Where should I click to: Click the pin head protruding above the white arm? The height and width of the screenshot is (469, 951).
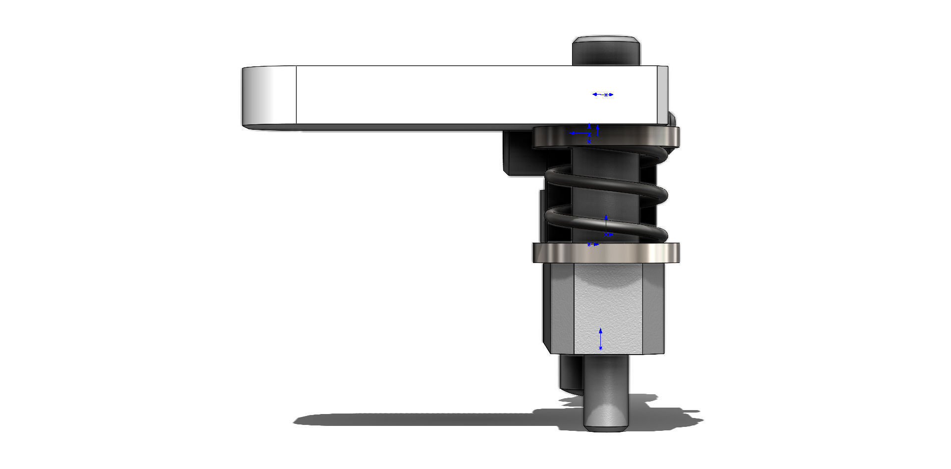click(x=606, y=51)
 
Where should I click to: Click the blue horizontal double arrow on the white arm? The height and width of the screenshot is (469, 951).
click(x=603, y=95)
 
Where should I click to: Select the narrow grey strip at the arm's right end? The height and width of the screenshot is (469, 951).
click(x=662, y=94)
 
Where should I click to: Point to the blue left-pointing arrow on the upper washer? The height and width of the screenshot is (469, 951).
click(x=578, y=133)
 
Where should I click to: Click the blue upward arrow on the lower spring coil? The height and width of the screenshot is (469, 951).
click(x=606, y=224)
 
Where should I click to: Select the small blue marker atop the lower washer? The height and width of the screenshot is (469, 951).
click(x=592, y=245)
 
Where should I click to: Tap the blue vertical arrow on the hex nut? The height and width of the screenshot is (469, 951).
click(x=600, y=339)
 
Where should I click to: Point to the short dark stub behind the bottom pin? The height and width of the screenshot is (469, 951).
click(x=570, y=374)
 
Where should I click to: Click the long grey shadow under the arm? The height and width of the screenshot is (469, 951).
click(x=421, y=420)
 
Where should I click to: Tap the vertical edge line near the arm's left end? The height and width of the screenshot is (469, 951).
click(x=296, y=95)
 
